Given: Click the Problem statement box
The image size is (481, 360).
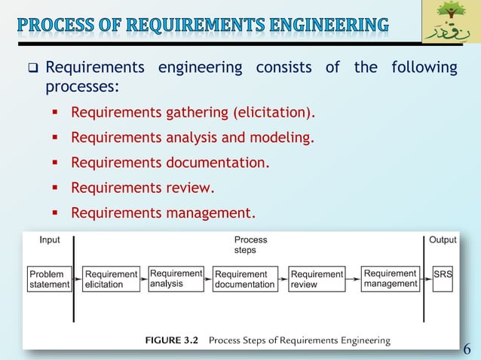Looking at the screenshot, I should click(x=50, y=279).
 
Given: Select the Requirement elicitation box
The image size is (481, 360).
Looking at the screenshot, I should click(x=111, y=279).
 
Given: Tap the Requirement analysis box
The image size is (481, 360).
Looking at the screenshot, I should click(x=176, y=278).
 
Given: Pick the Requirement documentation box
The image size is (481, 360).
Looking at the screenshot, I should click(x=245, y=279).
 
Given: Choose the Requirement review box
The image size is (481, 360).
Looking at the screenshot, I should click(x=317, y=279).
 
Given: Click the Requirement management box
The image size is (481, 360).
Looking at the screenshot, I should click(x=390, y=278).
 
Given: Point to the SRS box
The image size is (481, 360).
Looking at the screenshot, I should click(x=443, y=275).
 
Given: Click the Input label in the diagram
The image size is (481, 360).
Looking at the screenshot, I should click(x=50, y=239).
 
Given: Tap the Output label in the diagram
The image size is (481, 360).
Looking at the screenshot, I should click(x=443, y=239).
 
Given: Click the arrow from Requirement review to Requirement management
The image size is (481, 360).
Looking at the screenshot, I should click(x=353, y=279).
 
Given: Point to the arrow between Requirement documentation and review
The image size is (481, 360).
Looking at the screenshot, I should click(x=283, y=279).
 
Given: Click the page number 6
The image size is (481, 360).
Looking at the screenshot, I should click(x=467, y=348).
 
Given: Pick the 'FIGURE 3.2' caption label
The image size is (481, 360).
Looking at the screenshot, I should click(x=171, y=340).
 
